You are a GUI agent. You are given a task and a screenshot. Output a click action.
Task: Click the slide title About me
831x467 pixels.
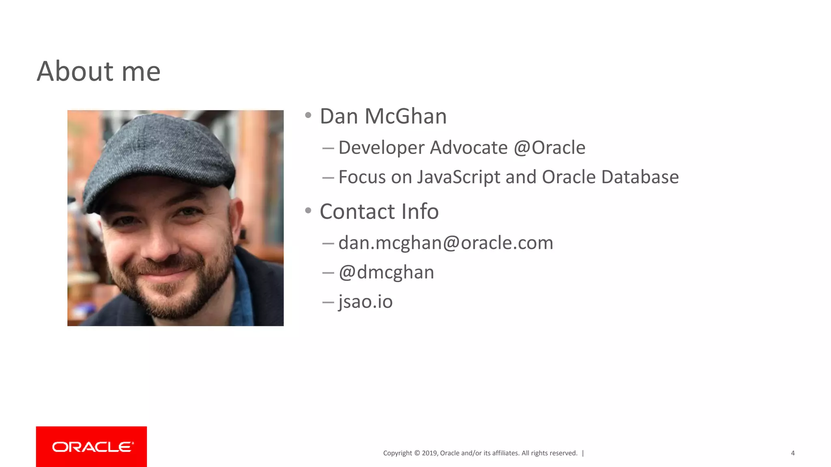[99, 71]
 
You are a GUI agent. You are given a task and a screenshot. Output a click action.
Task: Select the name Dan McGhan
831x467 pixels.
[383, 116]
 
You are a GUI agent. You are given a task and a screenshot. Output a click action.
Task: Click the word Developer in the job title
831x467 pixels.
[382, 148]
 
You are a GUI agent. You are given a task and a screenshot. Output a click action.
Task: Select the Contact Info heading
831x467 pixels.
[379, 212]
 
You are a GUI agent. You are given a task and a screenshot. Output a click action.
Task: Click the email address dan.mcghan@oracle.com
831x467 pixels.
[446, 243]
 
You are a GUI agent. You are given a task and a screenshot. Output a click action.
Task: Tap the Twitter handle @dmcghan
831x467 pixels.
[386, 272]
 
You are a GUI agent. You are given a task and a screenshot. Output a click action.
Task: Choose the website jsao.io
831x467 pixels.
[365, 302]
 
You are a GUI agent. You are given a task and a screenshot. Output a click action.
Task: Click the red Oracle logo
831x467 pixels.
[91, 446]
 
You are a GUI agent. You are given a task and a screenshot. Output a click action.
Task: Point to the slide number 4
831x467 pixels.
[792, 453]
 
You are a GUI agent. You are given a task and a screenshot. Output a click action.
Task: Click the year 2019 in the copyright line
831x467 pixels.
[429, 453]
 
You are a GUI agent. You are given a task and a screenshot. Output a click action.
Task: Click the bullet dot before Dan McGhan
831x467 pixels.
[308, 116]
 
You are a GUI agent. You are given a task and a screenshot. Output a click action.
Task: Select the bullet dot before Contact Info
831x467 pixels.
[308, 210]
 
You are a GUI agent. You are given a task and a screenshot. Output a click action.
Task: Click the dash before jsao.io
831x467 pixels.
[328, 302]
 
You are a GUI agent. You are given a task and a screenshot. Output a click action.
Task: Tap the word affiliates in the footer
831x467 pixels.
[505, 453]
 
